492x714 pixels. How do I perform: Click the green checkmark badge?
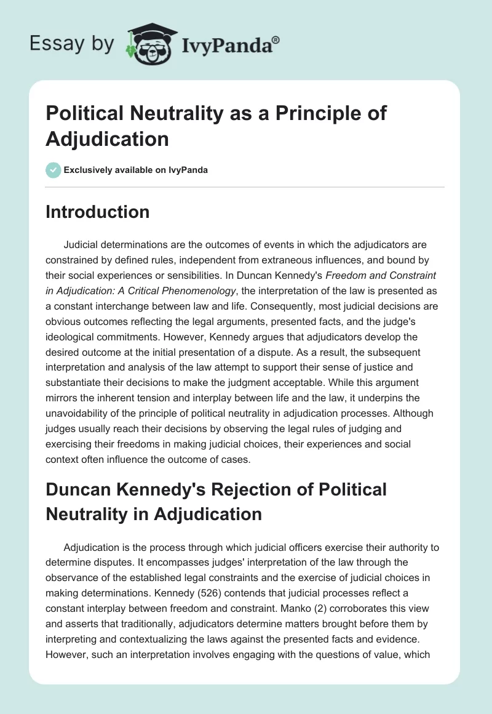tap(54, 170)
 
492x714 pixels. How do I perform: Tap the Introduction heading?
tap(98, 212)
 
